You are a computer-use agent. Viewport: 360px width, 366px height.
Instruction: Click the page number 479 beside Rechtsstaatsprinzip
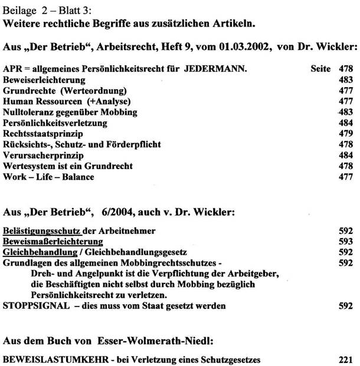coord(346,134)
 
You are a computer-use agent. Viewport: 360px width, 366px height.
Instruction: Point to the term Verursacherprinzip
coord(38,156)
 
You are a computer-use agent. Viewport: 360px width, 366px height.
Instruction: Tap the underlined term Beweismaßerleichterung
coord(53,242)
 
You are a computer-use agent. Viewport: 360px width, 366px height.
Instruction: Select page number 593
coord(346,242)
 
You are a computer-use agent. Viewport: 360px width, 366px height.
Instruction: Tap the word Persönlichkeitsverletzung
coord(55,123)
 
